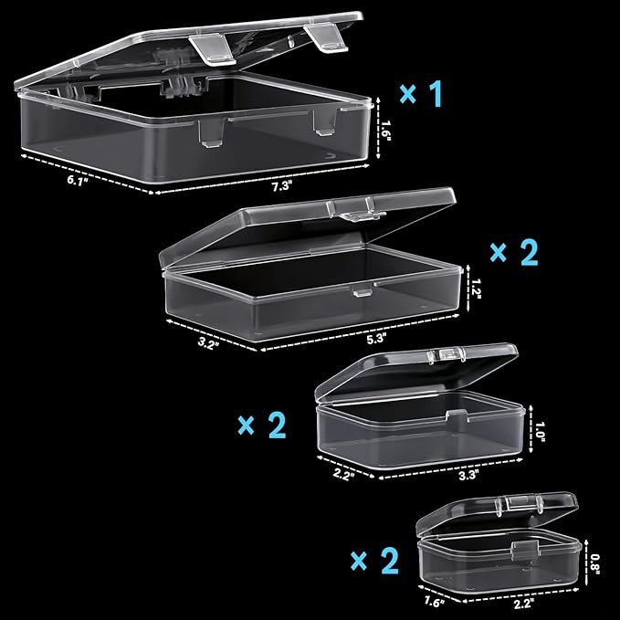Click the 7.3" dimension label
tap(281, 186)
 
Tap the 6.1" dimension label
tap(78, 181)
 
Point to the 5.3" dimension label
tap(376, 339)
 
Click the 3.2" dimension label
tap(208, 342)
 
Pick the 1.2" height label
tap(476, 289)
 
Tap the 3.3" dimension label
tap(468, 475)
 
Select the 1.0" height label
tap(541, 432)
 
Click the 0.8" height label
tap(595, 564)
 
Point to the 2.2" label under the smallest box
tap(524, 604)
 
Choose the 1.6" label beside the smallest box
tap(435, 601)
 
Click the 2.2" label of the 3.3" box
tap(343, 474)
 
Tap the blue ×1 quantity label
tap(421, 94)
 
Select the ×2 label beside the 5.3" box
tap(514, 253)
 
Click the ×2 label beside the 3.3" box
tap(262, 426)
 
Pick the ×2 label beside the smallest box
tap(374, 561)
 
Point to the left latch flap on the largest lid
tap(213, 48)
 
